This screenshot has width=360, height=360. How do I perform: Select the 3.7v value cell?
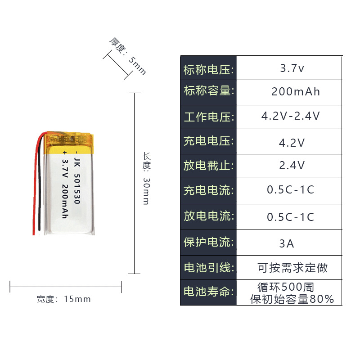(x=292, y=69)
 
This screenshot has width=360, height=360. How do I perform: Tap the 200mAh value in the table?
(x=296, y=92)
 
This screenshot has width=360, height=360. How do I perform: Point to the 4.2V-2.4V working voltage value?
(x=291, y=116)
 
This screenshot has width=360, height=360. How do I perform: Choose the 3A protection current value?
(x=287, y=244)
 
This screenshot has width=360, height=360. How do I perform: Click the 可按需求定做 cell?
(x=292, y=268)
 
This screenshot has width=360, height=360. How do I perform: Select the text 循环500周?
(x=285, y=286)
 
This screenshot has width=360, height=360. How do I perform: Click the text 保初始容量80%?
(x=292, y=299)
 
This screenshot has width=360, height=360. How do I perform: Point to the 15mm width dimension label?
(x=64, y=299)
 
